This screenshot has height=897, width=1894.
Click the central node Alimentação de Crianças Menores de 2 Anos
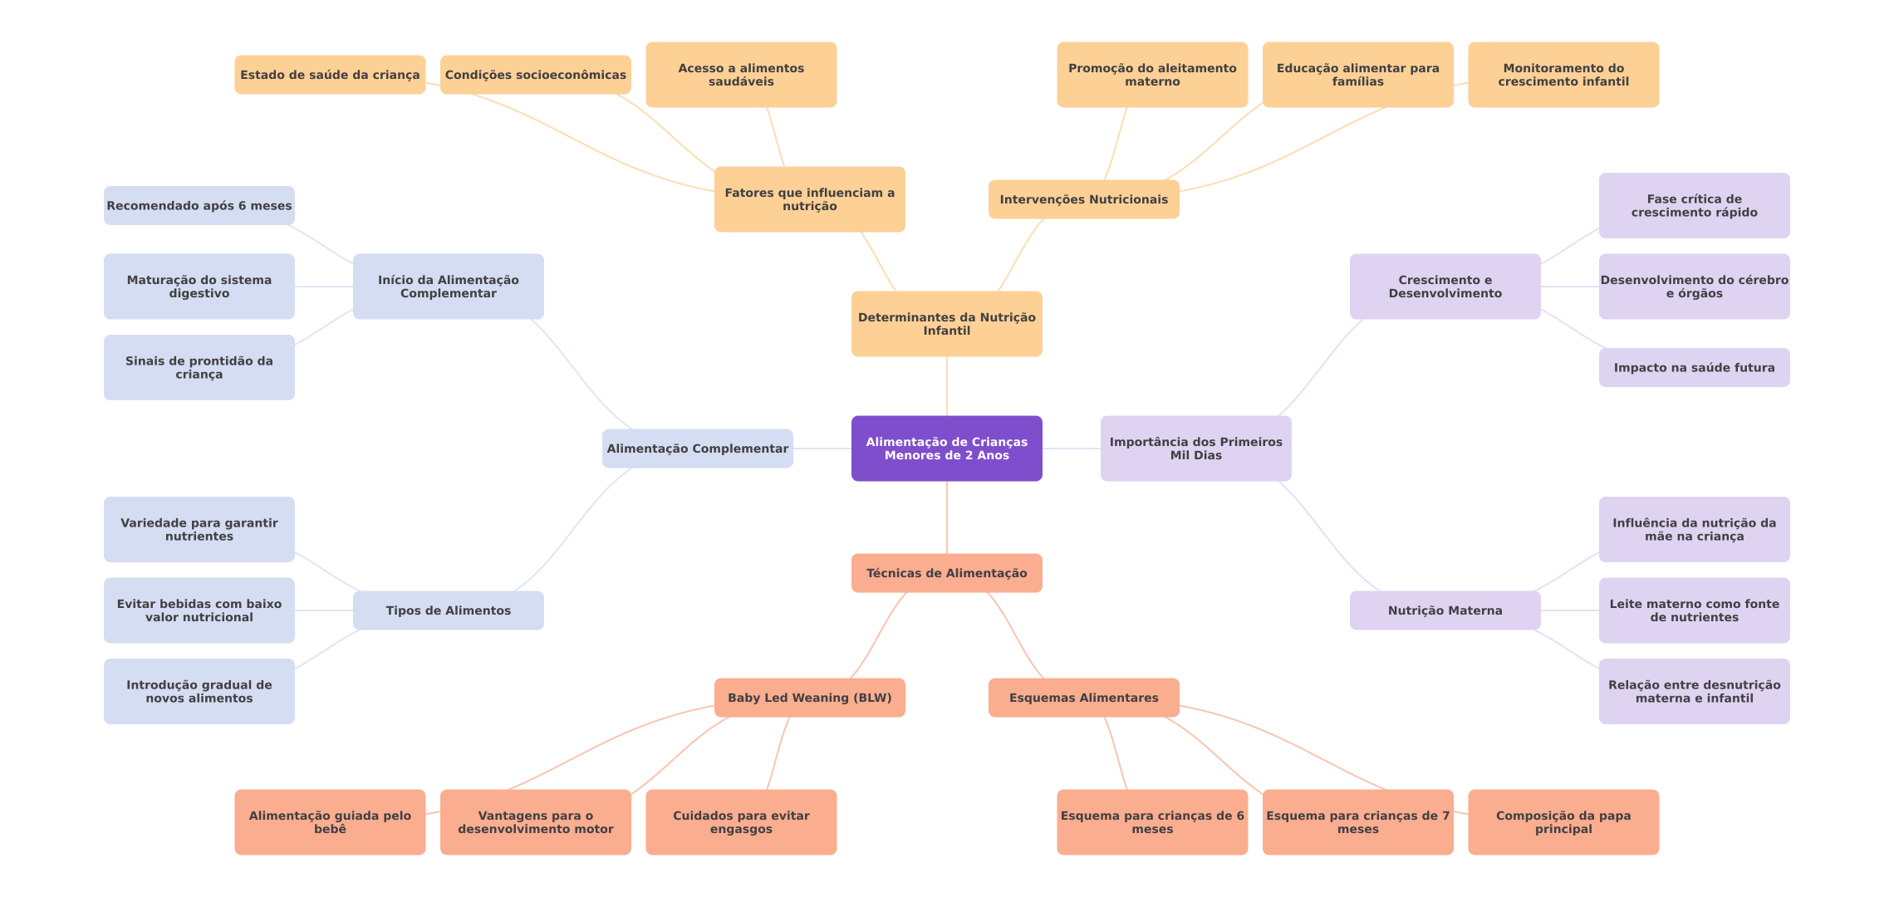tap(946, 448)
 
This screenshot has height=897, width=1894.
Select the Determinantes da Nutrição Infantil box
tap(946, 324)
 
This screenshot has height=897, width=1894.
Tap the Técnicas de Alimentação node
tap(946, 573)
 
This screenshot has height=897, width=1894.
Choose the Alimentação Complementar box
tap(697, 448)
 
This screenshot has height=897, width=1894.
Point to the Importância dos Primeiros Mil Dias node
tap(1195, 448)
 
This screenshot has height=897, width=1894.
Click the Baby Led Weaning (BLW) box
tap(809, 698)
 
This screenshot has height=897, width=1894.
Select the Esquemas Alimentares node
tap(1083, 698)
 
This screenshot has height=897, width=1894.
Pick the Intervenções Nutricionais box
tap(1083, 199)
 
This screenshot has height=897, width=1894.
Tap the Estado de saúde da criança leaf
tap(330, 75)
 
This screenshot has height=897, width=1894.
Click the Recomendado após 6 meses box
tap(199, 206)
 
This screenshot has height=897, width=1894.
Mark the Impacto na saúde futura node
tap(1694, 368)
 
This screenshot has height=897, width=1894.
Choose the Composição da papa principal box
tap(1563, 822)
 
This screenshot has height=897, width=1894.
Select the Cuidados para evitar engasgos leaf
tap(741, 822)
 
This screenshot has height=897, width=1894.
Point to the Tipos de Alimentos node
tap(448, 610)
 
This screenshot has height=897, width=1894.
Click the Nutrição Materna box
tap(1445, 610)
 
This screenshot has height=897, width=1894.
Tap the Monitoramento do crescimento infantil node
tap(1563, 75)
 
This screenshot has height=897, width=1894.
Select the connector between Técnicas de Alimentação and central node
tap(947, 517)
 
